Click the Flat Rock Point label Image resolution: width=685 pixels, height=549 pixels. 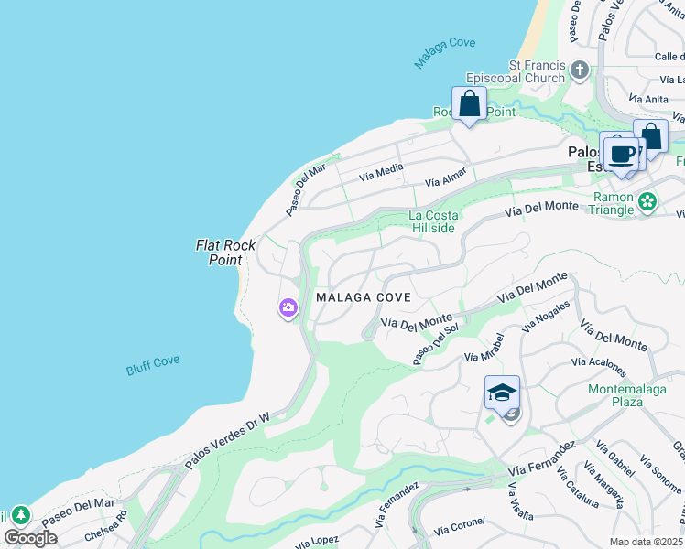[x=219, y=253]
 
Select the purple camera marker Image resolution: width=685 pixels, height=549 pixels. [x=288, y=309]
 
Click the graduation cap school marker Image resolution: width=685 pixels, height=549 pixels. [x=502, y=393]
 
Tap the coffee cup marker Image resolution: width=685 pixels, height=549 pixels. [x=622, y=153]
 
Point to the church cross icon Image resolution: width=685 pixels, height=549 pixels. [x=579, y=70]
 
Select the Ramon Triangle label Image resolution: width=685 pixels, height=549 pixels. [x=614, y=203]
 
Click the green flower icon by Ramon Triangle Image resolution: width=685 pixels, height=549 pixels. [x=647, y=200]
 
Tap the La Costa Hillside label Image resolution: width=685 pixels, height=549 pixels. [x=431, y=221]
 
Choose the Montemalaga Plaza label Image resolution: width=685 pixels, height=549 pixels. [x=626, y=395]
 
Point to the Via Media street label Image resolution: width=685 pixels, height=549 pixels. [x=381, y=171]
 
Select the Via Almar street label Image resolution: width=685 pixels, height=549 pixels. [x=446, y=177]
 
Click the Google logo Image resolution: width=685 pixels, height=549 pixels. [x=30, y=537]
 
